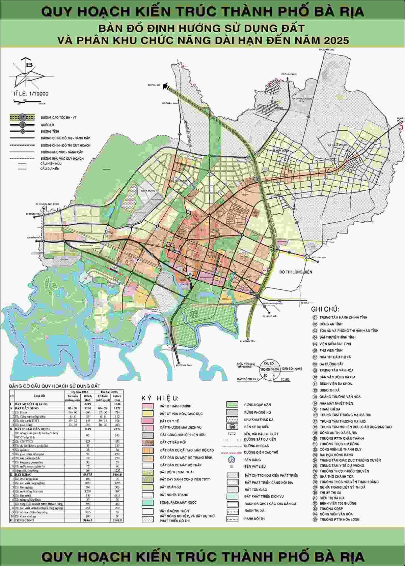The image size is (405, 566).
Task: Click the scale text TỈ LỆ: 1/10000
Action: coord(30,94)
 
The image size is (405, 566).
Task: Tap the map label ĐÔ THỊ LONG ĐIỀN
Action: coord(296,272)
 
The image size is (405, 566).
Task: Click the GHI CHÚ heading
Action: coord(325,309)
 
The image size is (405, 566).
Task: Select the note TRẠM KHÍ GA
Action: coord(330,409)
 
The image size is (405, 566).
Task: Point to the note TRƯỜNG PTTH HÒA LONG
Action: coord(339,520)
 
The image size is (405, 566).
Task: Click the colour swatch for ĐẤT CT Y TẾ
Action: coord(148,421)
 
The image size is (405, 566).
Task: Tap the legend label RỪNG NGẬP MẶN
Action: coord(257,405)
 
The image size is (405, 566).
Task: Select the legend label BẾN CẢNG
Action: coord(252,460)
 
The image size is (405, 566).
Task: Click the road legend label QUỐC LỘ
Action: coord(47,125)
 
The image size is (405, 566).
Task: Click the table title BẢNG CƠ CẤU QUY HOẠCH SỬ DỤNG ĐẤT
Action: coord(54,386)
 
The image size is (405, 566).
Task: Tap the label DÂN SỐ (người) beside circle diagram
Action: coord(292,369)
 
